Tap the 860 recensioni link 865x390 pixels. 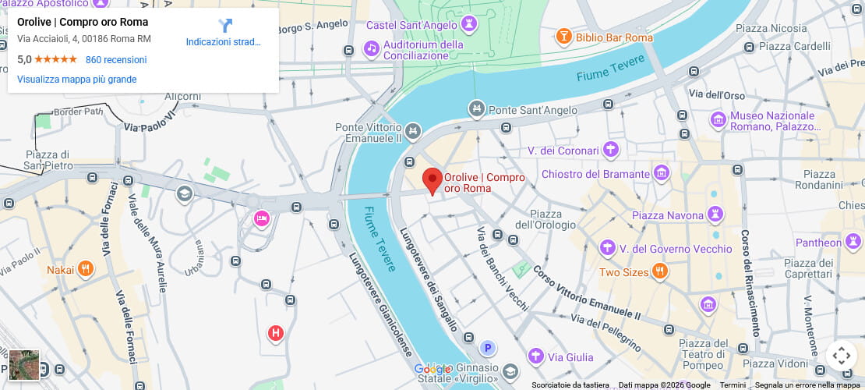tap(116, 60)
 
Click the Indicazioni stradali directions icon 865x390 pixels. tap(224, 26)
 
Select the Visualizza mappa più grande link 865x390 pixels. tap(76, 80)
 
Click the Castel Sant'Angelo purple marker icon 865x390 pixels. tap(468, 26)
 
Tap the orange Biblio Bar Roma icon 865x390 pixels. tap(563, 37)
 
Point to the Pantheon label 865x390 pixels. tap(818, 243)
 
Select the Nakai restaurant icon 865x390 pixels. tap(86, 270)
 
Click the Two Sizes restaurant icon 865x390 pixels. tap(660, 271)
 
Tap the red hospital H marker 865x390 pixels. tap(275, 334)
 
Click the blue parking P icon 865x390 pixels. tap(488, 348)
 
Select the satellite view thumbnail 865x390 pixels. tap(24, 365)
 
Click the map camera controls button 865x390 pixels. tap(842, 356)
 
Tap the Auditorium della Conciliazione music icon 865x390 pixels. tap(372, 50)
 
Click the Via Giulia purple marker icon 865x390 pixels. tap(535, 356)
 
